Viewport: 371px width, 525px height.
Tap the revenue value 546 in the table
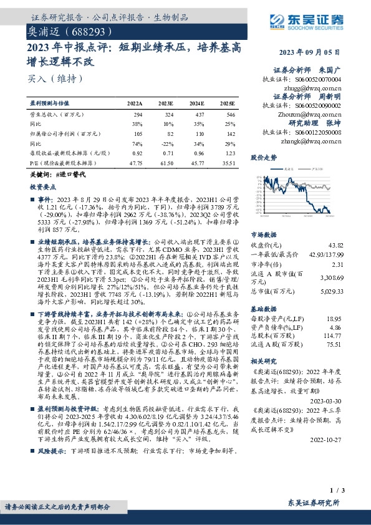(230, 115)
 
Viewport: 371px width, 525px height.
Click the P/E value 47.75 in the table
(135, 163)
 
